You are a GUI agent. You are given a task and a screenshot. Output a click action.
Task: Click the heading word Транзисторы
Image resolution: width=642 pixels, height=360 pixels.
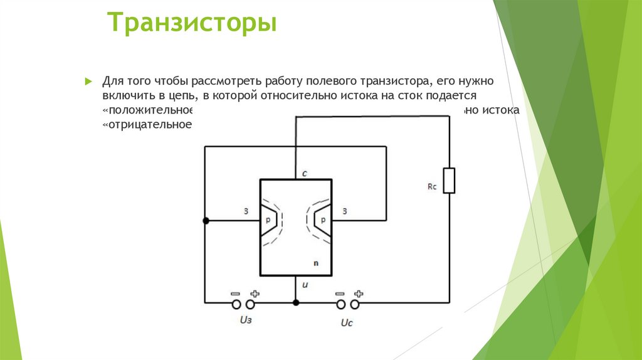[x=192, y=24]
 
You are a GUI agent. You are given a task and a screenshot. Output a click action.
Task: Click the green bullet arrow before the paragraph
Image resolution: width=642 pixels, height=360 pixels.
[x=88, y=82]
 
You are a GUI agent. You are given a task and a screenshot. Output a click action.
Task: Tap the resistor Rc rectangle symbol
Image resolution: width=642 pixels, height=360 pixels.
[x=449, y=181]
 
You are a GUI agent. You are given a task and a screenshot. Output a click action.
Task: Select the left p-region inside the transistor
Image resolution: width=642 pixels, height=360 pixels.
[x=268, y=220]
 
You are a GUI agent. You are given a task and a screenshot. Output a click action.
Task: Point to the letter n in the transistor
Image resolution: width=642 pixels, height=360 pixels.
[x=316, y=263]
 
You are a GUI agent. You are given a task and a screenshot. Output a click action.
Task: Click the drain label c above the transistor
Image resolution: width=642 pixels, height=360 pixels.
[x=304, y=173]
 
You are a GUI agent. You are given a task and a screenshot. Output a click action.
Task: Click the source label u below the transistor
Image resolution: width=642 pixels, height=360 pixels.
[x=305, y=285]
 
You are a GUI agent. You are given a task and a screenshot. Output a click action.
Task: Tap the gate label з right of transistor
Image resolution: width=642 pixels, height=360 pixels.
[x=345, y=211]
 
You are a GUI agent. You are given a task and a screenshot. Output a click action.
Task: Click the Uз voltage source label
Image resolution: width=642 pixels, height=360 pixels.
[x=245, y=320]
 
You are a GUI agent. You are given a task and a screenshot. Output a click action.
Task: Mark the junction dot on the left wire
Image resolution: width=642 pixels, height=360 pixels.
[x=206, y=221]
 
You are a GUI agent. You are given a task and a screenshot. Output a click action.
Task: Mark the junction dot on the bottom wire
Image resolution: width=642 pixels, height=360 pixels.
[x=296, y=302]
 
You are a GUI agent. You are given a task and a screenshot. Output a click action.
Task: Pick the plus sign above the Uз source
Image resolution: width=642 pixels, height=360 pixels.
[x=255, y=293]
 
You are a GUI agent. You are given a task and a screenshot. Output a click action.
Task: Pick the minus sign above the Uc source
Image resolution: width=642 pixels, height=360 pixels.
[x=340, y=293]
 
